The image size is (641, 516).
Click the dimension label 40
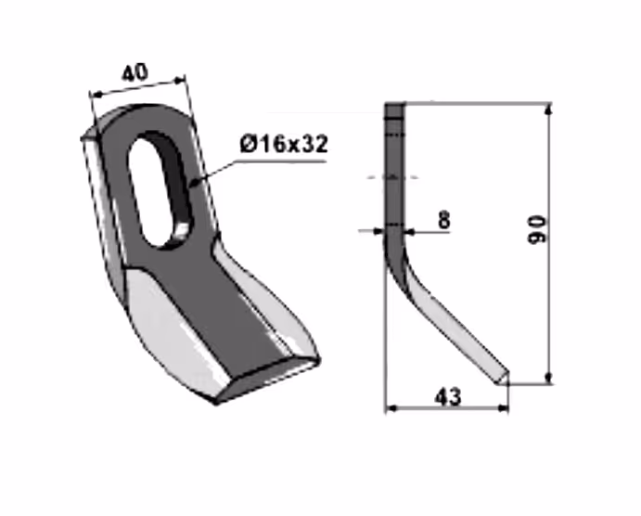pos(135,72)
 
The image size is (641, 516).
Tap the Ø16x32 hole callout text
pos(284,145)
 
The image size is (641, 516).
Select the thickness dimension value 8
pos(444,220)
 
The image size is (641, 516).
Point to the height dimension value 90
pos(537,230)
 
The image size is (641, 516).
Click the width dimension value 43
pos(448,397)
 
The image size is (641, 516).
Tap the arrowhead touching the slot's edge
pos(195,182)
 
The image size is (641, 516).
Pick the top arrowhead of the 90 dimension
pos(549,110)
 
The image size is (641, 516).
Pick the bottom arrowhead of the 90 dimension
pos(549,378)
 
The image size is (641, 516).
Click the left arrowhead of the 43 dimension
pos(391,407)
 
